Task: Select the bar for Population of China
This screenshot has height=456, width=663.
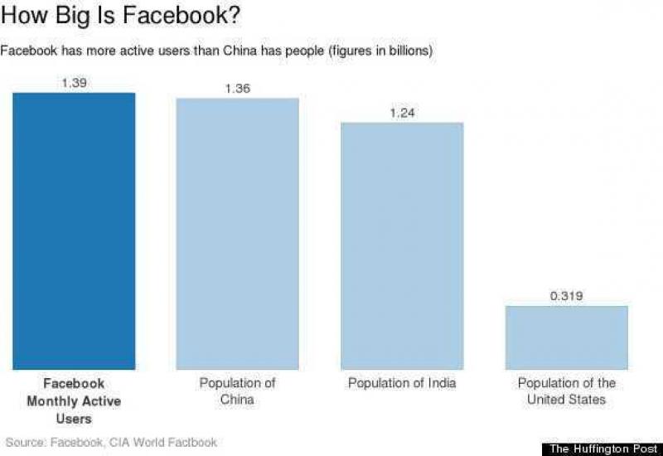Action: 237,234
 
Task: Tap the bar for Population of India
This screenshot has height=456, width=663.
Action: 402,245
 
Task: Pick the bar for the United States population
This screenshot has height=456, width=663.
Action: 567,337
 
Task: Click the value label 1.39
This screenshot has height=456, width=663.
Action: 74,83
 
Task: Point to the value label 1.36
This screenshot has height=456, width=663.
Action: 237,89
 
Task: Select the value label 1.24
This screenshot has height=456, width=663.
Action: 402,113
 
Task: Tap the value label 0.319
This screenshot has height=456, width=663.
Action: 567,295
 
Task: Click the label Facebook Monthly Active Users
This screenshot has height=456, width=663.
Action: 74,401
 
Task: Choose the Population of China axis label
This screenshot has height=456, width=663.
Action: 237,391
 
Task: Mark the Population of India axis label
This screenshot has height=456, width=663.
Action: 402,383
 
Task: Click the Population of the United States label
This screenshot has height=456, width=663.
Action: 567,391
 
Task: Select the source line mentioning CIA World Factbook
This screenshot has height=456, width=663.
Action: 111,442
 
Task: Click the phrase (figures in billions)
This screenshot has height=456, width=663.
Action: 380,51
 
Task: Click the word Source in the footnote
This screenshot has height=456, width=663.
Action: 22,442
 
